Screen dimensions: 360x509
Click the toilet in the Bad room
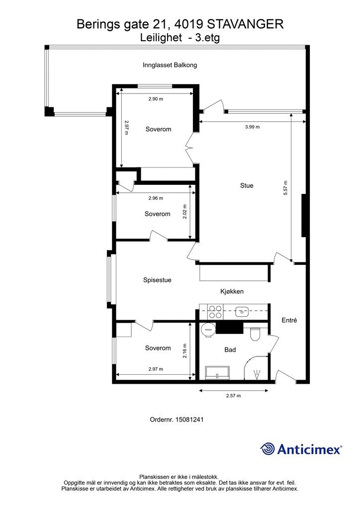pyautogui.click(x=256, y=334)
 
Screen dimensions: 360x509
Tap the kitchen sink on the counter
pyautogui.click(x=242, y=312)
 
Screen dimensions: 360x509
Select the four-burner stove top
pyautogui.click(x=215, y=312)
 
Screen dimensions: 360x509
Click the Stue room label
pyautogui.click(x=247, y=186)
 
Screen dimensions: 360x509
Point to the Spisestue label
pyautogui.click(x=157, y=280)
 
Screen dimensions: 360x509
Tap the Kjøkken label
pyautogui.click(x=232, y=291)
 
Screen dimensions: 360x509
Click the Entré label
pyautogui.click(x=289, y=320)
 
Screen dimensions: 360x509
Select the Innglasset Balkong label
pyautogui.click(x=170, y=65)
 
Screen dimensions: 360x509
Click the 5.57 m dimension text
pyautogui.click(x=285, y=187)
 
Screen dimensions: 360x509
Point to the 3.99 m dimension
pyautogui.click(x=252, y=127)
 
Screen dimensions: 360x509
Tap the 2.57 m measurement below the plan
pyautogui.click(x=233, y=396)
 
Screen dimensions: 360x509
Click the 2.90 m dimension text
pyautogui.click(x=156, y=99)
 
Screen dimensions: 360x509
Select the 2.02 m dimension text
pyautogui.click(x=184, y=212)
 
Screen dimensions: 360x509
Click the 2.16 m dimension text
pyautogui.click(x=184, y=351)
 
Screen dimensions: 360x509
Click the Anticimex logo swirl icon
pyautogui.click(x=268, y=449)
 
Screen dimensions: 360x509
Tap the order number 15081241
pyautogui.click(x=189, y=420)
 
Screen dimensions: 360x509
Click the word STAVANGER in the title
pyautogui.click(x=245, y=24)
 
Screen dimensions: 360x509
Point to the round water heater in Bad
pyautogui.click(x=207, y=330)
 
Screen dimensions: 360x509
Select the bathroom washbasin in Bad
pyautogui.click(x=217, y=372)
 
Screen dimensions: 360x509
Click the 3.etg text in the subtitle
pyautogui.click(x=207, y=38)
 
